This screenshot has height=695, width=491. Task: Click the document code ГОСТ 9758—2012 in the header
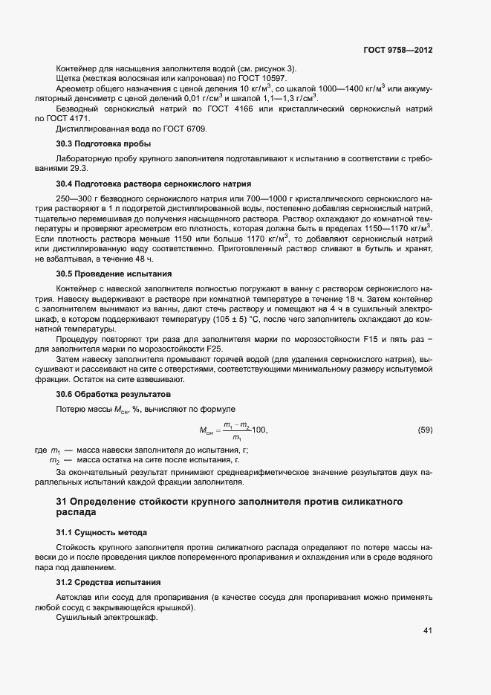pyautogui.click(x=398, y=49)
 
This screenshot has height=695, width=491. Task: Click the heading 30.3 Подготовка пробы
pyautogui.click(x=103, y=143)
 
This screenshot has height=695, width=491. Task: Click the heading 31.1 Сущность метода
pyautogui.click(x=102, y=533)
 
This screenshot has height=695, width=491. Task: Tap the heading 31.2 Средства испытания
pyautogui.click(x=108, y=581)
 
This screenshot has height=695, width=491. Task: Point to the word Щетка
pyautogui.click(x=68, y=79)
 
